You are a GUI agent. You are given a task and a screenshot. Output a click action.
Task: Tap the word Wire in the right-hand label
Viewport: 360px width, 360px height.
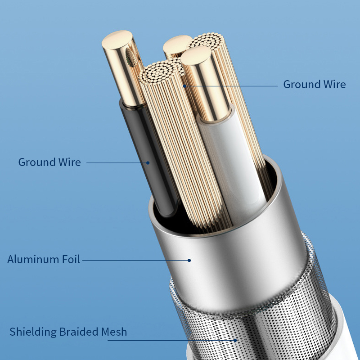334,85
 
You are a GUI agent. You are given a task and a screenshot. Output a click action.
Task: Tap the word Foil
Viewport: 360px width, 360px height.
71,260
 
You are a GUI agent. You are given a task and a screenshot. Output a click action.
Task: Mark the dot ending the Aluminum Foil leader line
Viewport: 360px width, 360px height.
189,260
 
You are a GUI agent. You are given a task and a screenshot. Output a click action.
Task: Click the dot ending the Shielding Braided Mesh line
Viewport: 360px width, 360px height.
235,340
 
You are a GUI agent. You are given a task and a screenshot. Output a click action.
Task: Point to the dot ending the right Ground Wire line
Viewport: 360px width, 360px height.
184,85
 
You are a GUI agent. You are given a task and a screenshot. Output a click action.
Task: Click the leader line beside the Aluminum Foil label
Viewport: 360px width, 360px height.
135,260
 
